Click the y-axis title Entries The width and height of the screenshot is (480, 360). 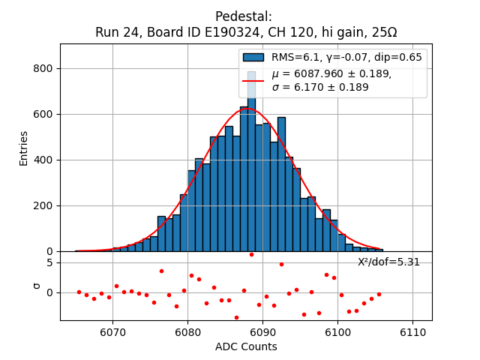point(23,148)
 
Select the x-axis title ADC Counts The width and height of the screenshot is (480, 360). point(246,346)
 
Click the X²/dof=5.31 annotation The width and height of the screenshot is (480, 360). point(388,262)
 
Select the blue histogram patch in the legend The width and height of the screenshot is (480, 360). point(253,57)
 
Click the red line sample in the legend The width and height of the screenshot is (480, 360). point(253,80)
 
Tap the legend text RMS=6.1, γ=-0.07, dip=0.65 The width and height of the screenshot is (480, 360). point(346,57)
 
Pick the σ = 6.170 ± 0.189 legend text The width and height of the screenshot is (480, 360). point(320,87)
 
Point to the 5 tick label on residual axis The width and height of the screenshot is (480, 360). point(49,262)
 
